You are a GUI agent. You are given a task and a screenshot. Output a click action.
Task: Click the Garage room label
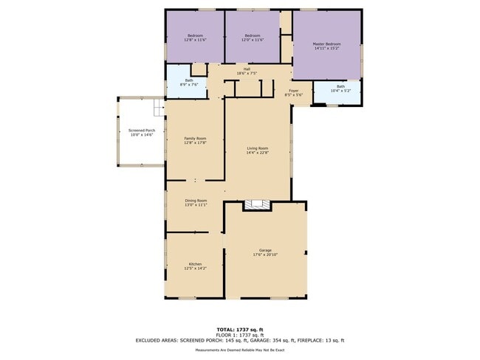[x=265, y=250]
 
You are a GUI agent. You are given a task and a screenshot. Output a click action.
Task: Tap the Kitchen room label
[x=195, y=264]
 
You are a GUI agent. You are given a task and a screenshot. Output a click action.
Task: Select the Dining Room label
[x=196, y=201]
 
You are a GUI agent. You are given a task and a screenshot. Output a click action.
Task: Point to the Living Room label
[x=257, y=148]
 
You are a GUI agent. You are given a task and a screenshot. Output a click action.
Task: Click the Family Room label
[x=195, y=139]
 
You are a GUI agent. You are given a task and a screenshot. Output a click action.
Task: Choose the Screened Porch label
[x=142, y=131]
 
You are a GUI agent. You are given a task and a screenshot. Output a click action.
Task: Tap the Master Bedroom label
[x=326, y=44]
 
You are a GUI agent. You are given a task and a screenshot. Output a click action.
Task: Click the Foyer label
[x=293, y=91]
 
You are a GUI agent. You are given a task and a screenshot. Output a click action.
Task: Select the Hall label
[x=247, y=69]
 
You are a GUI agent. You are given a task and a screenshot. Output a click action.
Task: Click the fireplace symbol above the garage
[x=258, y=205]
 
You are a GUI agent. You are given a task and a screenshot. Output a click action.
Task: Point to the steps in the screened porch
[x=158, y=109]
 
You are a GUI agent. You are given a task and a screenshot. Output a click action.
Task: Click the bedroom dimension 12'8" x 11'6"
[x=195, y=40]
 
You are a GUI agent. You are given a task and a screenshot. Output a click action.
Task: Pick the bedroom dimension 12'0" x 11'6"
[x=253, y=40]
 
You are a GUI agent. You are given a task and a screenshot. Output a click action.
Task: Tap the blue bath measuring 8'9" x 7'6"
[x=189, y=84]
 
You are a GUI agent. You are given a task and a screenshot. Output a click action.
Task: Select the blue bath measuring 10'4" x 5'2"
[x=340, y=90]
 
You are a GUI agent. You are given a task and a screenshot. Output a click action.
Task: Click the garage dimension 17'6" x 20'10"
[x=265, y=255]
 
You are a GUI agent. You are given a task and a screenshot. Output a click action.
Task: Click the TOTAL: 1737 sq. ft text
[x=239, y=328]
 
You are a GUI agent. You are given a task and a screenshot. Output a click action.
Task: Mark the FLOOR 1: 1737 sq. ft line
[x=239, y=334]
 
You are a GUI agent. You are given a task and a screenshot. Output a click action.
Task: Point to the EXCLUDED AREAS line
[x=239, y=340]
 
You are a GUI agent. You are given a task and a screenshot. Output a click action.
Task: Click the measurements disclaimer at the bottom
[x=239, y=350]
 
